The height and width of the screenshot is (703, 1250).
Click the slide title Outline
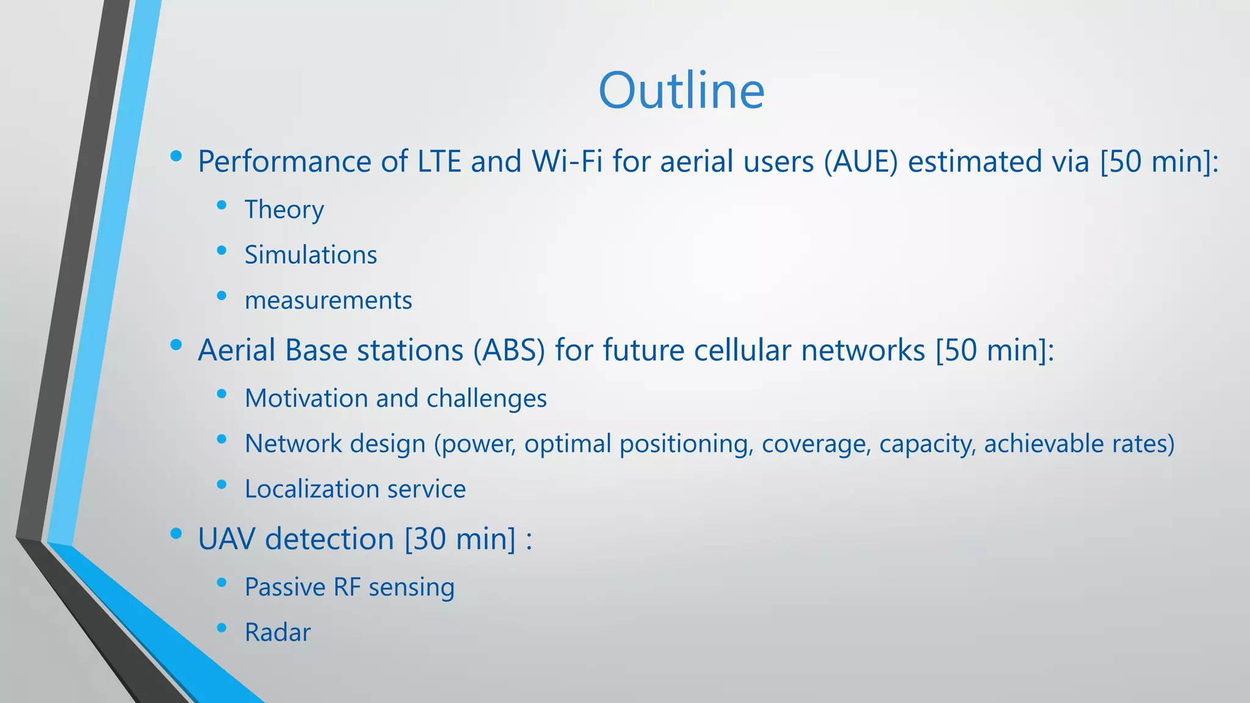[x=681, y=90]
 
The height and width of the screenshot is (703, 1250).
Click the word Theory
[x=284, y=210]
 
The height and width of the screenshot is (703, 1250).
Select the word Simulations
[x=311, y=255]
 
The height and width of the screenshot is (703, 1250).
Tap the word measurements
[x=328, y=301]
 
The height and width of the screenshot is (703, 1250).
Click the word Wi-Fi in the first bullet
[x=567, y=162]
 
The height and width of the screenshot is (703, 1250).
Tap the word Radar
[x=278, y=633]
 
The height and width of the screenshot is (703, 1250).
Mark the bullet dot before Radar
[x=222, y=627]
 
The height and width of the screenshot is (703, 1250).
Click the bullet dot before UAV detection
[x=176, y=534]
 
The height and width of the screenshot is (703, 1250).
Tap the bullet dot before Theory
[x=222, y=205]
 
